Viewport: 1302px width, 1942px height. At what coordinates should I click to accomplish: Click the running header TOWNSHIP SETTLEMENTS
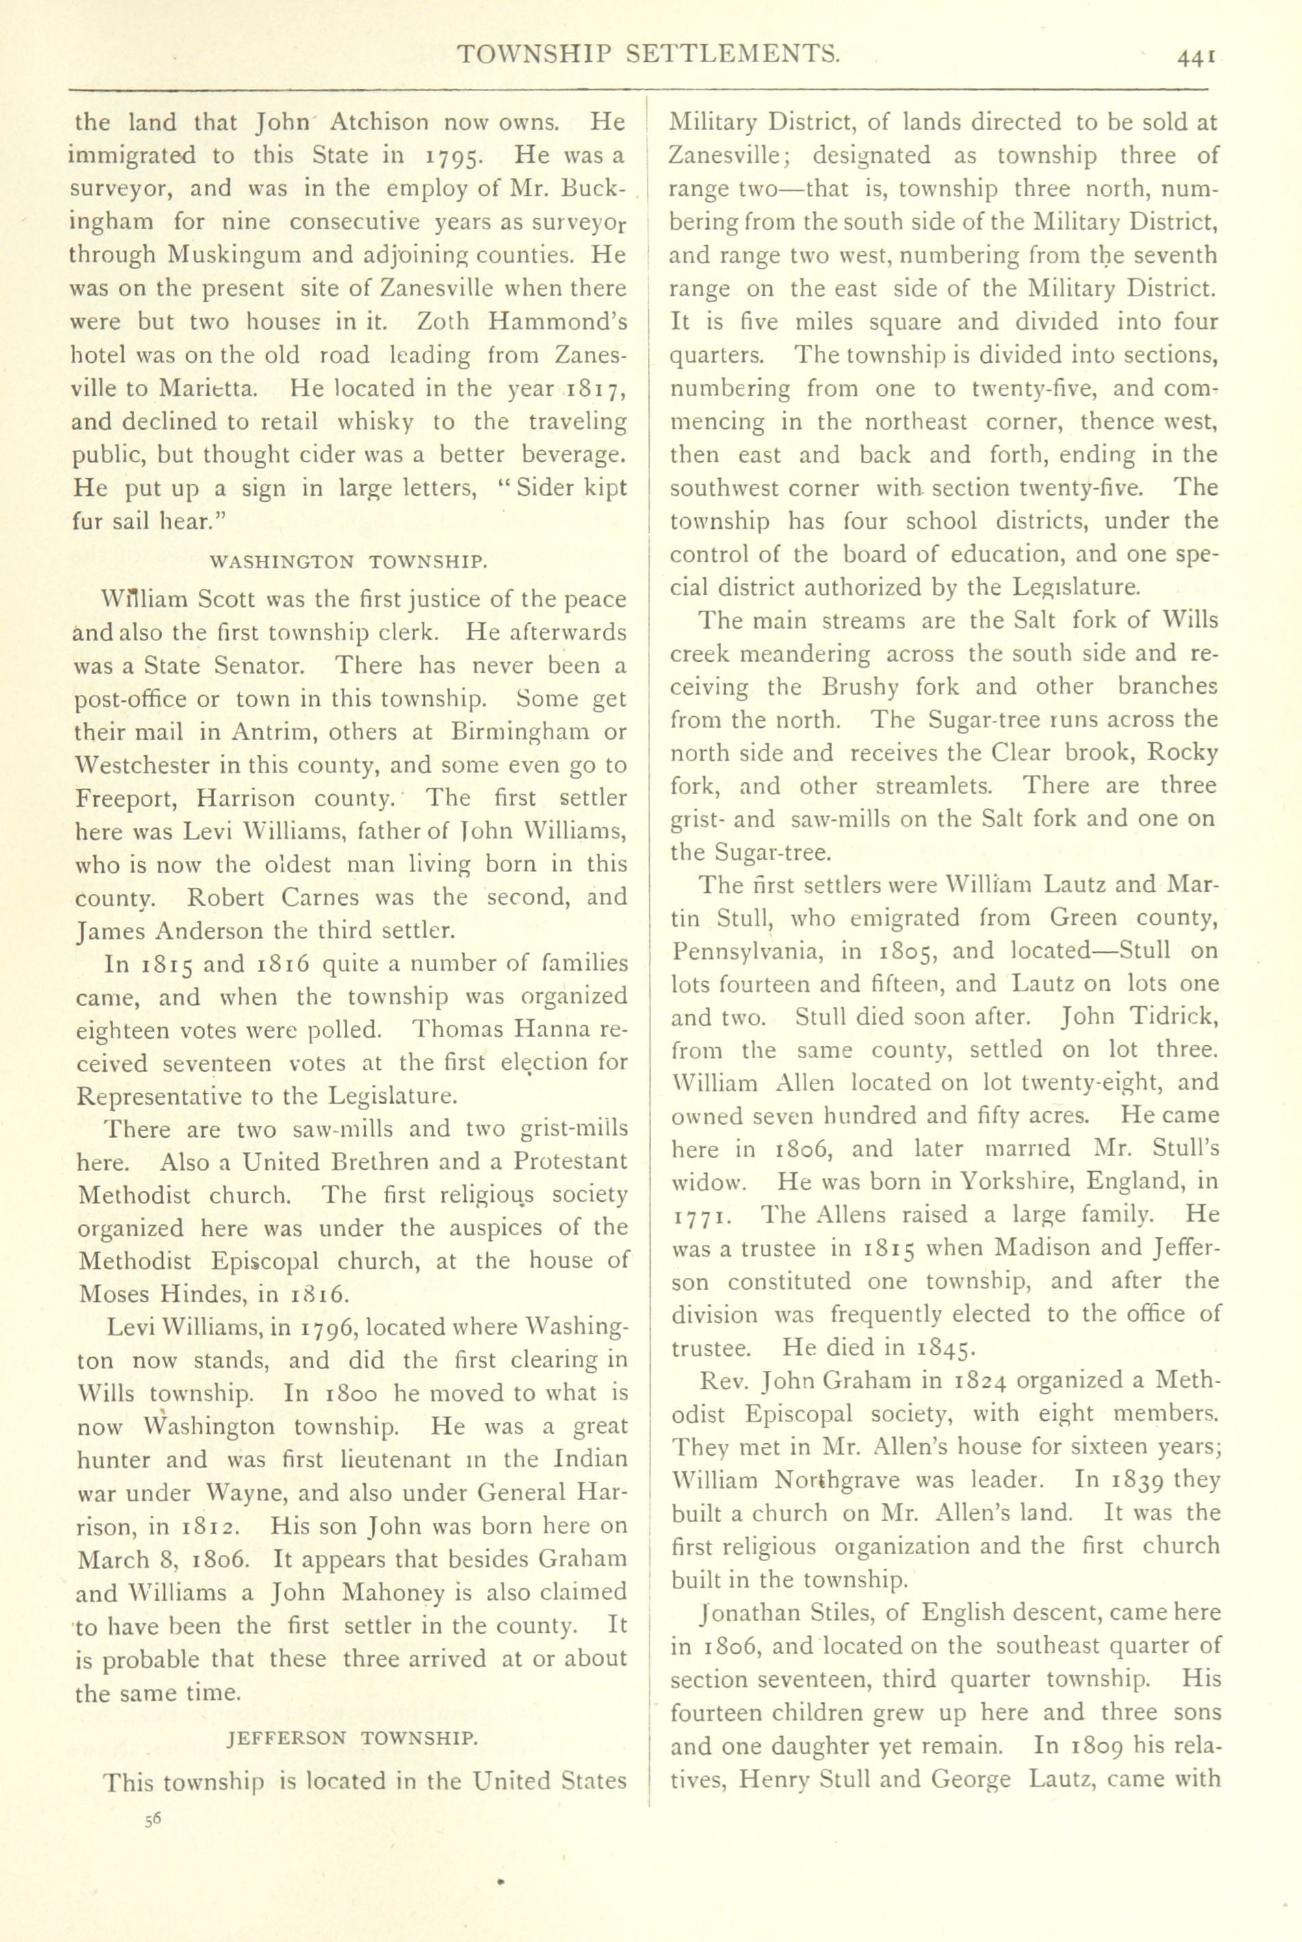(649, 55)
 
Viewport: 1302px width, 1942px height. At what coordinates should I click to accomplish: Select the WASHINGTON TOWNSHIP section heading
(349, 562)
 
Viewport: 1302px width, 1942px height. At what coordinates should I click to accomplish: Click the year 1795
(455, 156)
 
